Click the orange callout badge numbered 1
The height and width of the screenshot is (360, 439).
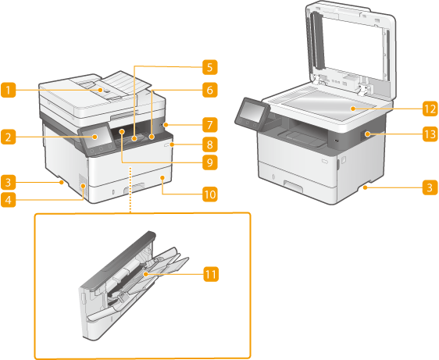click(8, 90)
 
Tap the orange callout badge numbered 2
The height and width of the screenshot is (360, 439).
click(8, 137)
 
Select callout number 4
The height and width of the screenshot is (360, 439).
click(8, 200)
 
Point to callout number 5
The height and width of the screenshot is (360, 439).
click(210, 67)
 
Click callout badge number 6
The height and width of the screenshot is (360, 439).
click(210, 90)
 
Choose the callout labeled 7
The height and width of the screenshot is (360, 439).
click(210, 125)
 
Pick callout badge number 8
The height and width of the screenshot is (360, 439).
click(210, 144)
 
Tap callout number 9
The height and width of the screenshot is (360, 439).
click(210, 162)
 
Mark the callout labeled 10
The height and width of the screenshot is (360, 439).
click(210, 194)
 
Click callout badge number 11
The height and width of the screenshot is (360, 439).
click(211, 274)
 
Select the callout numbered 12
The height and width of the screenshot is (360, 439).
click(430, 109)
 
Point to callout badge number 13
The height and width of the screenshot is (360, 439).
click(430, 134)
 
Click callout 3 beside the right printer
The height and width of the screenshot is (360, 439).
click(430, 187)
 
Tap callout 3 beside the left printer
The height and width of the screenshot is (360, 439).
click(8, 182)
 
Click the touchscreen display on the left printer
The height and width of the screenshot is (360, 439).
click(95, 137)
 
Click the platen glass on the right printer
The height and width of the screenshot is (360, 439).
click(328, 105)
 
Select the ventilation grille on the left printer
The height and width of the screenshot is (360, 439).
click(82, 185)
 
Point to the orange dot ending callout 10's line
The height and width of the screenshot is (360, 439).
click(162, 177)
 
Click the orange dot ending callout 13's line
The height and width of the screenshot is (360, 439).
click(367, 134)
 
